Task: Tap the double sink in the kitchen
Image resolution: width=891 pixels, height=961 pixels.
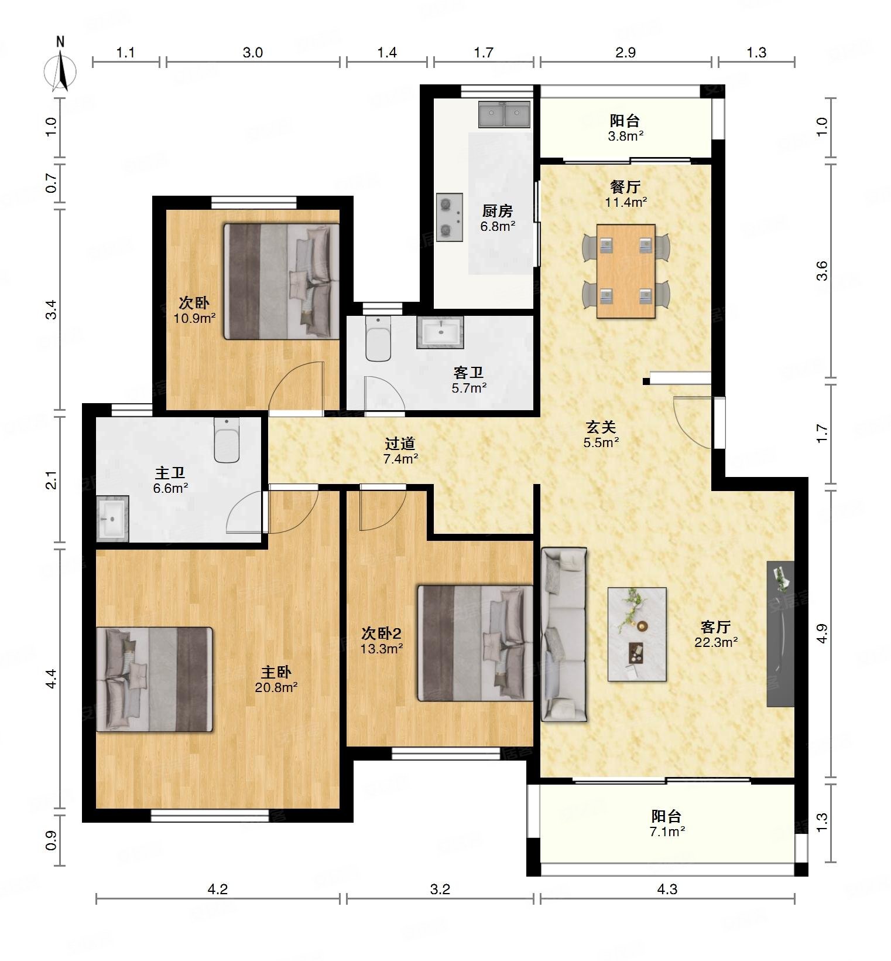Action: point(505,114)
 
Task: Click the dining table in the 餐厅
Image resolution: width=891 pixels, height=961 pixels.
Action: point(626,271)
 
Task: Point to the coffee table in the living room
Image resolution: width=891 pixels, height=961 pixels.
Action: point(637,634)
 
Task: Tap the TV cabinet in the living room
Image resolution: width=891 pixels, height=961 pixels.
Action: point(781,634)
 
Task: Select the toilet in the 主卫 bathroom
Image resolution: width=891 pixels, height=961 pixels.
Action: point(227,440)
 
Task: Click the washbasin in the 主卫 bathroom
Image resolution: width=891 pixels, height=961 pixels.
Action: point(112,518)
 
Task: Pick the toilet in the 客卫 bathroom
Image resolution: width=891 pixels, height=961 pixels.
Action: point(378,339)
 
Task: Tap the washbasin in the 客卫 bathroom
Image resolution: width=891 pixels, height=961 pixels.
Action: point(440,332)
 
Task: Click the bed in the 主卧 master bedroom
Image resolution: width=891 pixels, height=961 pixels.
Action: point(155,679)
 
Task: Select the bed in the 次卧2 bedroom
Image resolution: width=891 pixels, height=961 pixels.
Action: point(475,643)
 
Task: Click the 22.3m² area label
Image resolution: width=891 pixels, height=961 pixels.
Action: point(716,642)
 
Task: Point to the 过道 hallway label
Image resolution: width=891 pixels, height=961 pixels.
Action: point(400,444)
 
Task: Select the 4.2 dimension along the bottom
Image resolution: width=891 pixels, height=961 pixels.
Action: point(218,890)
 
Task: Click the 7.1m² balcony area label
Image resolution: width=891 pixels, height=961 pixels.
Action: point(667,831)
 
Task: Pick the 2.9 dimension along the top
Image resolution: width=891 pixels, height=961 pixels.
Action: point(625,53)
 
